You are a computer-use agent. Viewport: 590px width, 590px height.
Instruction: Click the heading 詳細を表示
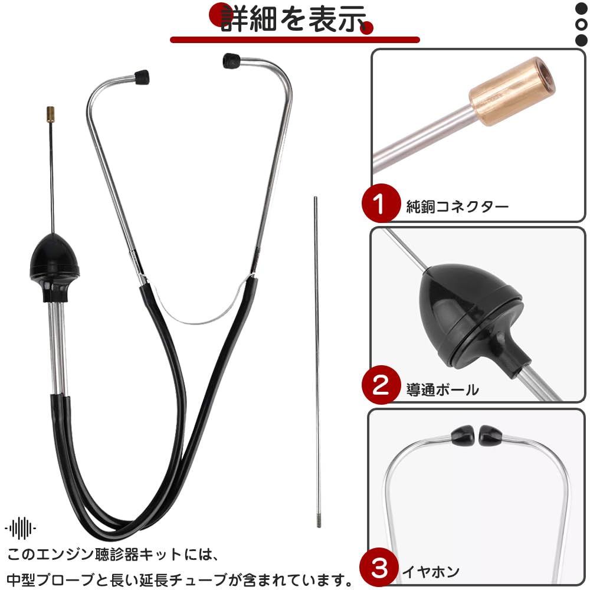tap(293, 19)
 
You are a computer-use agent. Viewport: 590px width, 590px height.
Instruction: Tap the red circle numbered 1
tap(381, 203)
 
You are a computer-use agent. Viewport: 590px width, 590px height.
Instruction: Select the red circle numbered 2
tap(381, 385)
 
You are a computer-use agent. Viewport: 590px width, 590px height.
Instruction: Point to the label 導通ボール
tap(442, 389)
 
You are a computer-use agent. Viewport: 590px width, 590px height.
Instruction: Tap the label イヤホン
tap(431, 572)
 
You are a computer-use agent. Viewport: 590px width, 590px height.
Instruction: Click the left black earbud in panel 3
tap(463, 436)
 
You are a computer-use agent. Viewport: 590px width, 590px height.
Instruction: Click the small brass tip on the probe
tap(50, 113)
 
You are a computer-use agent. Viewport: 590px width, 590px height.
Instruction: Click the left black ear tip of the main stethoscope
tap(142, 77)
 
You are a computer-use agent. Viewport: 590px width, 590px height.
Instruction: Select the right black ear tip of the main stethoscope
tap(231, 61)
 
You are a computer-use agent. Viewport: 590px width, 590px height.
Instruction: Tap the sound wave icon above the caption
tap(21, 528)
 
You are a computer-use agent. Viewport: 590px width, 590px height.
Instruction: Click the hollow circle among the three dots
tap(581, 24)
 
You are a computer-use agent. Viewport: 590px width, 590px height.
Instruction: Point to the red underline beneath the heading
tap(295, 40)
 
